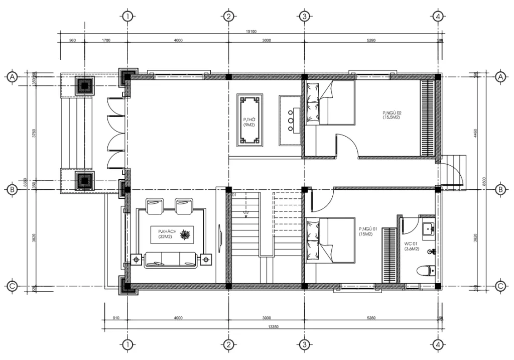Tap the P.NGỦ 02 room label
pyautogui.click(x=392, y=116)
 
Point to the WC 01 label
pyautogui.click(x=411, y=246)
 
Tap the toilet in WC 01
pyautogui.click(x=427, y=271)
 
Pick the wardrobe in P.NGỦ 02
pyautogui.click(x=427, y=118)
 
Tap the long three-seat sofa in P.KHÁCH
pyautogui.click(x=170, y=260)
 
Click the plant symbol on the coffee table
pyautogui.click(x=186, y=234)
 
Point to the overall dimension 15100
pyautogui.click(x=251, y=32)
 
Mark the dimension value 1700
pyautogui.click(x=106, y=40)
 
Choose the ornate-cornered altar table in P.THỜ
pyautogui.click(x=249, y=120)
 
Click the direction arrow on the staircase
pyautogui.click(x=245, y=211)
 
